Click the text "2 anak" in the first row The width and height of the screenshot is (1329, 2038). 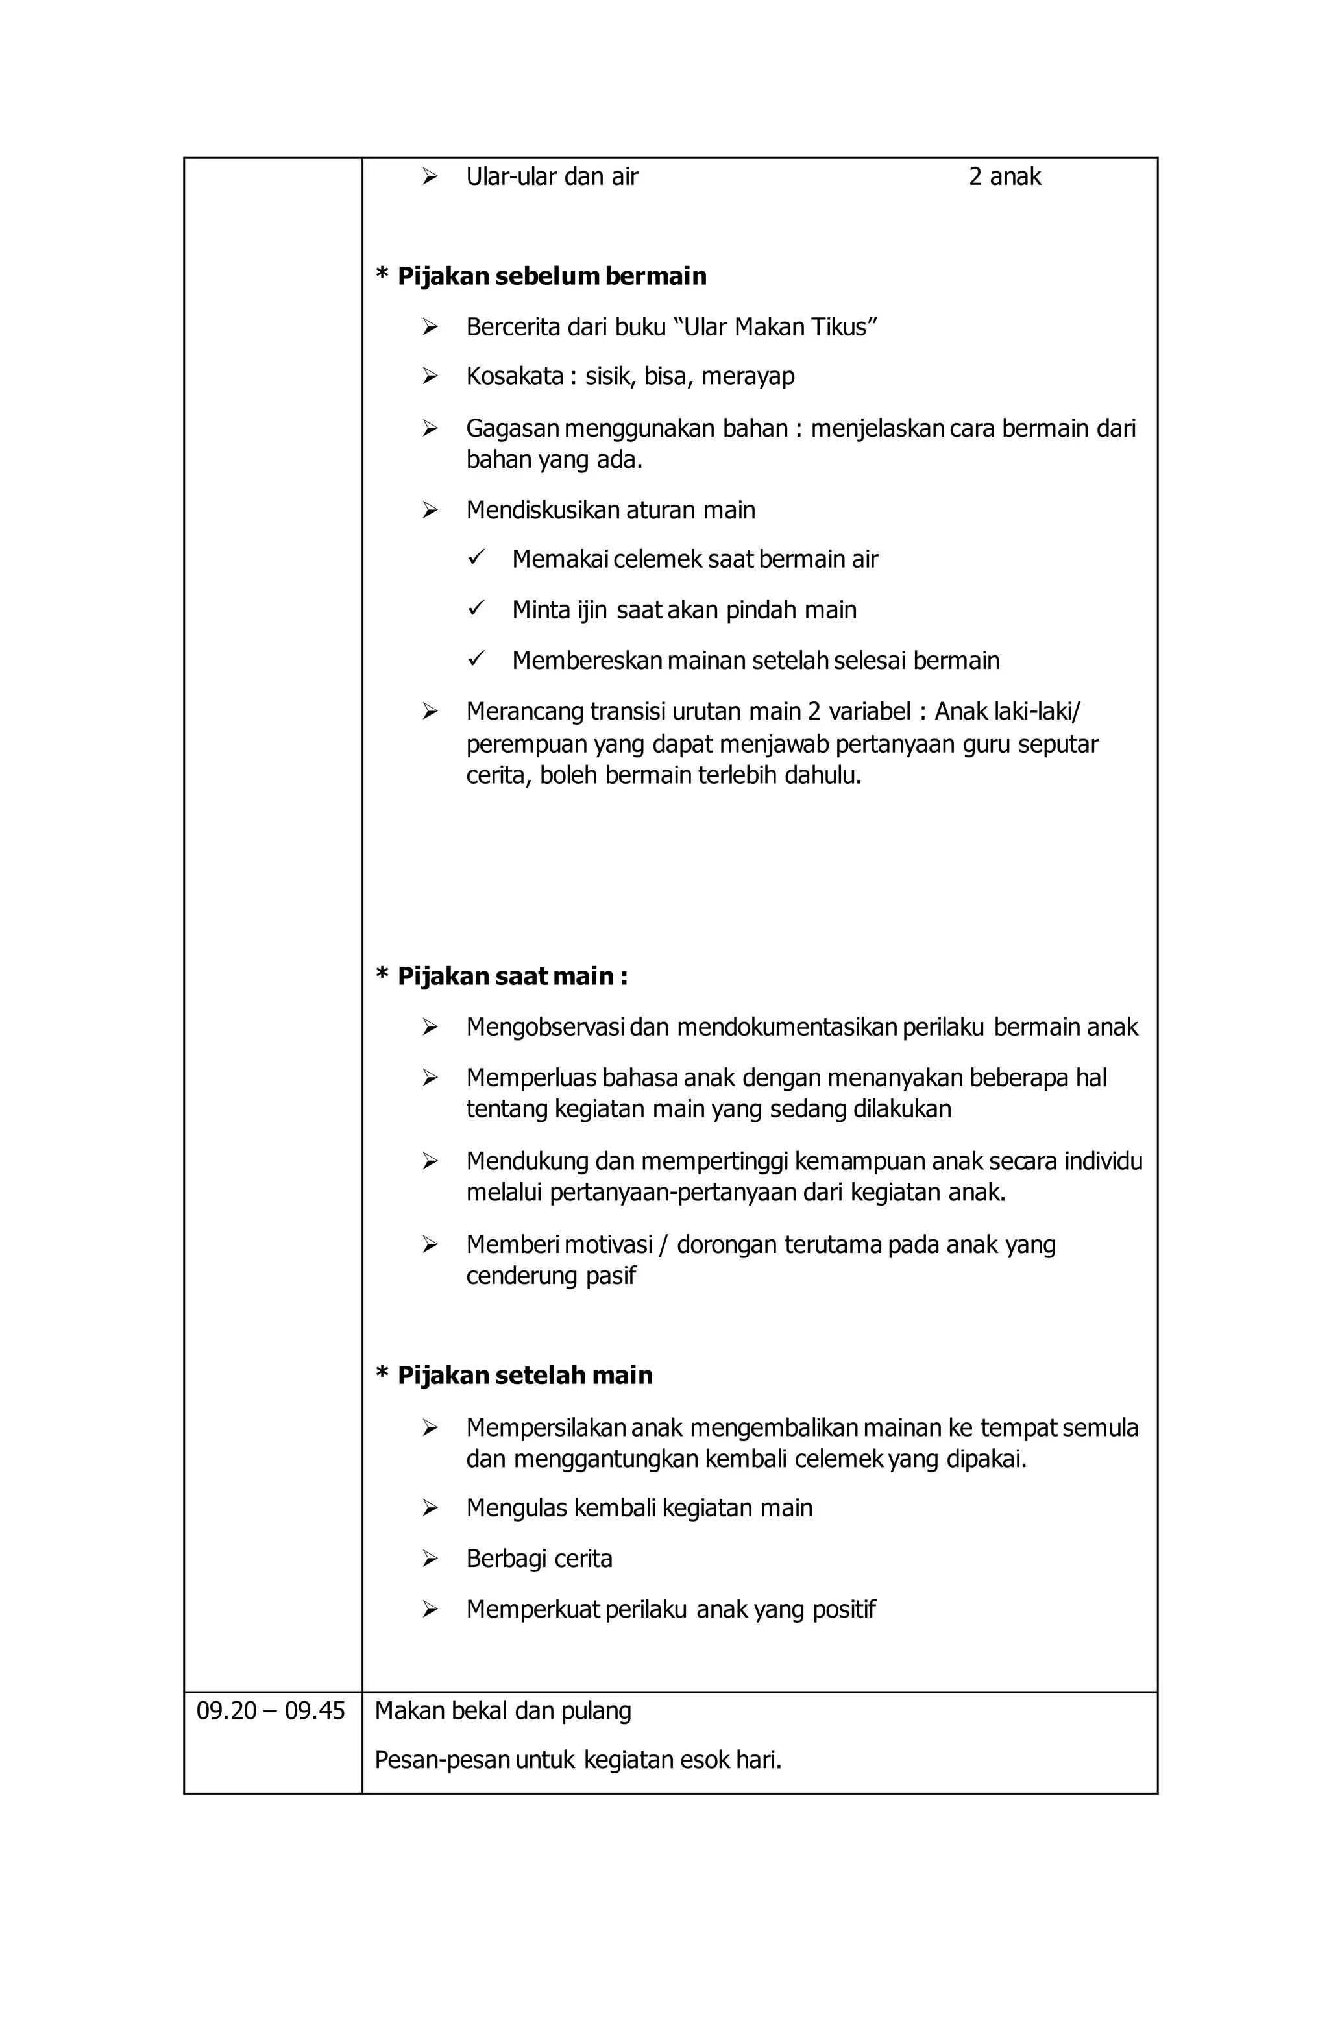[1004, 176]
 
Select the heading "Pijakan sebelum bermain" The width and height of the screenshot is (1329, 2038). [552, 276]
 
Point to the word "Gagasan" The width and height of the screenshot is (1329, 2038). [512, 428]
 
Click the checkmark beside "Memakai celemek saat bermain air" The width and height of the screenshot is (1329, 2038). [476, 558]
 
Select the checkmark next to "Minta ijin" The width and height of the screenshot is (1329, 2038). [476, 609]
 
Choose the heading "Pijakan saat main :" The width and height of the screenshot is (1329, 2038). [512, 977]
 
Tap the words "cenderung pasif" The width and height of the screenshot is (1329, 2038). [550, 1276]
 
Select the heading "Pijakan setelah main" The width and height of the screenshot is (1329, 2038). [524, 1376]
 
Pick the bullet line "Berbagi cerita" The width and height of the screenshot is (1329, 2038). [539, 1559]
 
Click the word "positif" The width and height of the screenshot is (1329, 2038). [844, 1609]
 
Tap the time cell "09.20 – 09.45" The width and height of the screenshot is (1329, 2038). [271, 1711]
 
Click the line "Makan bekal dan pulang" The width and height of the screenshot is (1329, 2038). [503, 1711]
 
